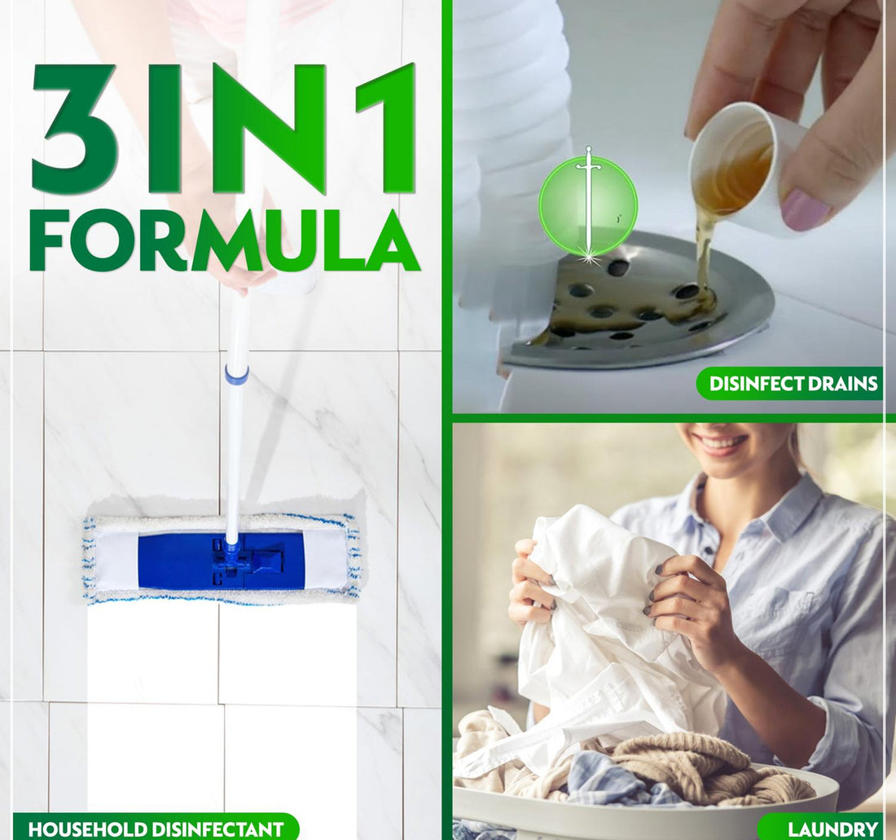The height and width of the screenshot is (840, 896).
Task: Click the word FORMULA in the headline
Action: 224,241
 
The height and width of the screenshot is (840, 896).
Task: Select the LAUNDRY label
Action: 832,829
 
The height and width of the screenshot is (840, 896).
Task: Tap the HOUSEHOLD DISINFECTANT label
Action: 156,829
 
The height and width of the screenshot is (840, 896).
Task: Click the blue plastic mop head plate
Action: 221,561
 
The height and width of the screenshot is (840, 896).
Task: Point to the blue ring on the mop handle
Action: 236,376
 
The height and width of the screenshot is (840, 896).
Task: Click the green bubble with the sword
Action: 587,206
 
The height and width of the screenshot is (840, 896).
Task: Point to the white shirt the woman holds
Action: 603,619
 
